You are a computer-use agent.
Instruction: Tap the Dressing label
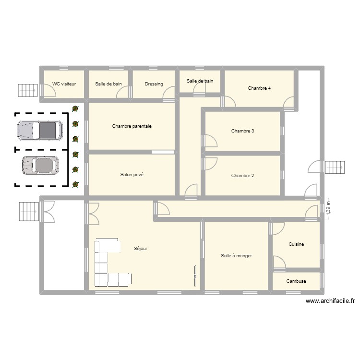(154, 84)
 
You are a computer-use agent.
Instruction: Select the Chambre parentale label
(132, 126)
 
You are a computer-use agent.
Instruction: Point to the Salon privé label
(132, 175)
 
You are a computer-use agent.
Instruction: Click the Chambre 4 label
(259, 88)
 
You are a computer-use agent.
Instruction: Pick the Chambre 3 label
(242, 131)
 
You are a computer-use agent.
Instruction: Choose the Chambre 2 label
(242, 176)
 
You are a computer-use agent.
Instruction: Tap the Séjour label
(141, 249)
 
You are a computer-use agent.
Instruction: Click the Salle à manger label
(237, 256)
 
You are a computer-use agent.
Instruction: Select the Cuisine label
(296, 244)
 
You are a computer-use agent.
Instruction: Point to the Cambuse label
(296, 281)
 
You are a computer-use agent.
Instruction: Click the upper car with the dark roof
(40, 130)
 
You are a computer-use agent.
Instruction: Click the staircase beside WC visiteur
(27, 90)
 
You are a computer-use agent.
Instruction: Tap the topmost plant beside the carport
(75, 109)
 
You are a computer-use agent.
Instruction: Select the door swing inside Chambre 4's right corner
(289, 103)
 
